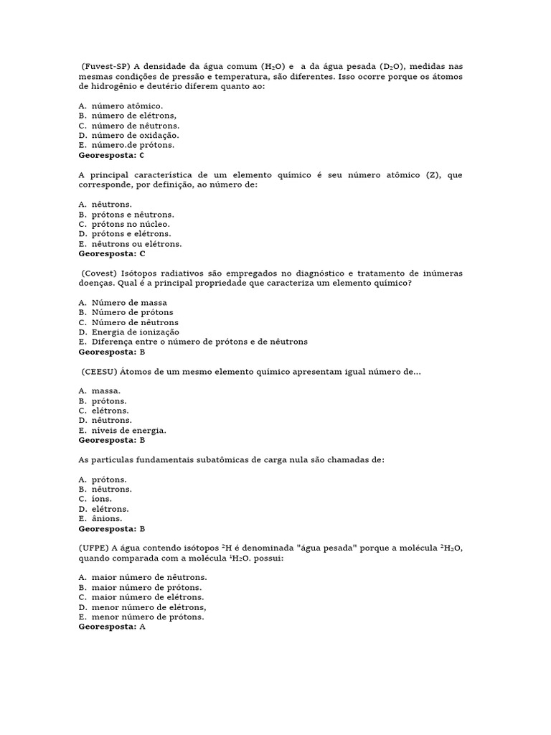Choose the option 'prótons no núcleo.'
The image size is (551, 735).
tap(131, 224)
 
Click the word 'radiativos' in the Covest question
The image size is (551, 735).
tap(187, 273)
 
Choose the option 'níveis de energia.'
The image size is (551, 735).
tap(128, 430)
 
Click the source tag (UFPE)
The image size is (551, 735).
tap(94, 548)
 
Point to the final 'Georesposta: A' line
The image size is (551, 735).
tap(112, 626)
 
